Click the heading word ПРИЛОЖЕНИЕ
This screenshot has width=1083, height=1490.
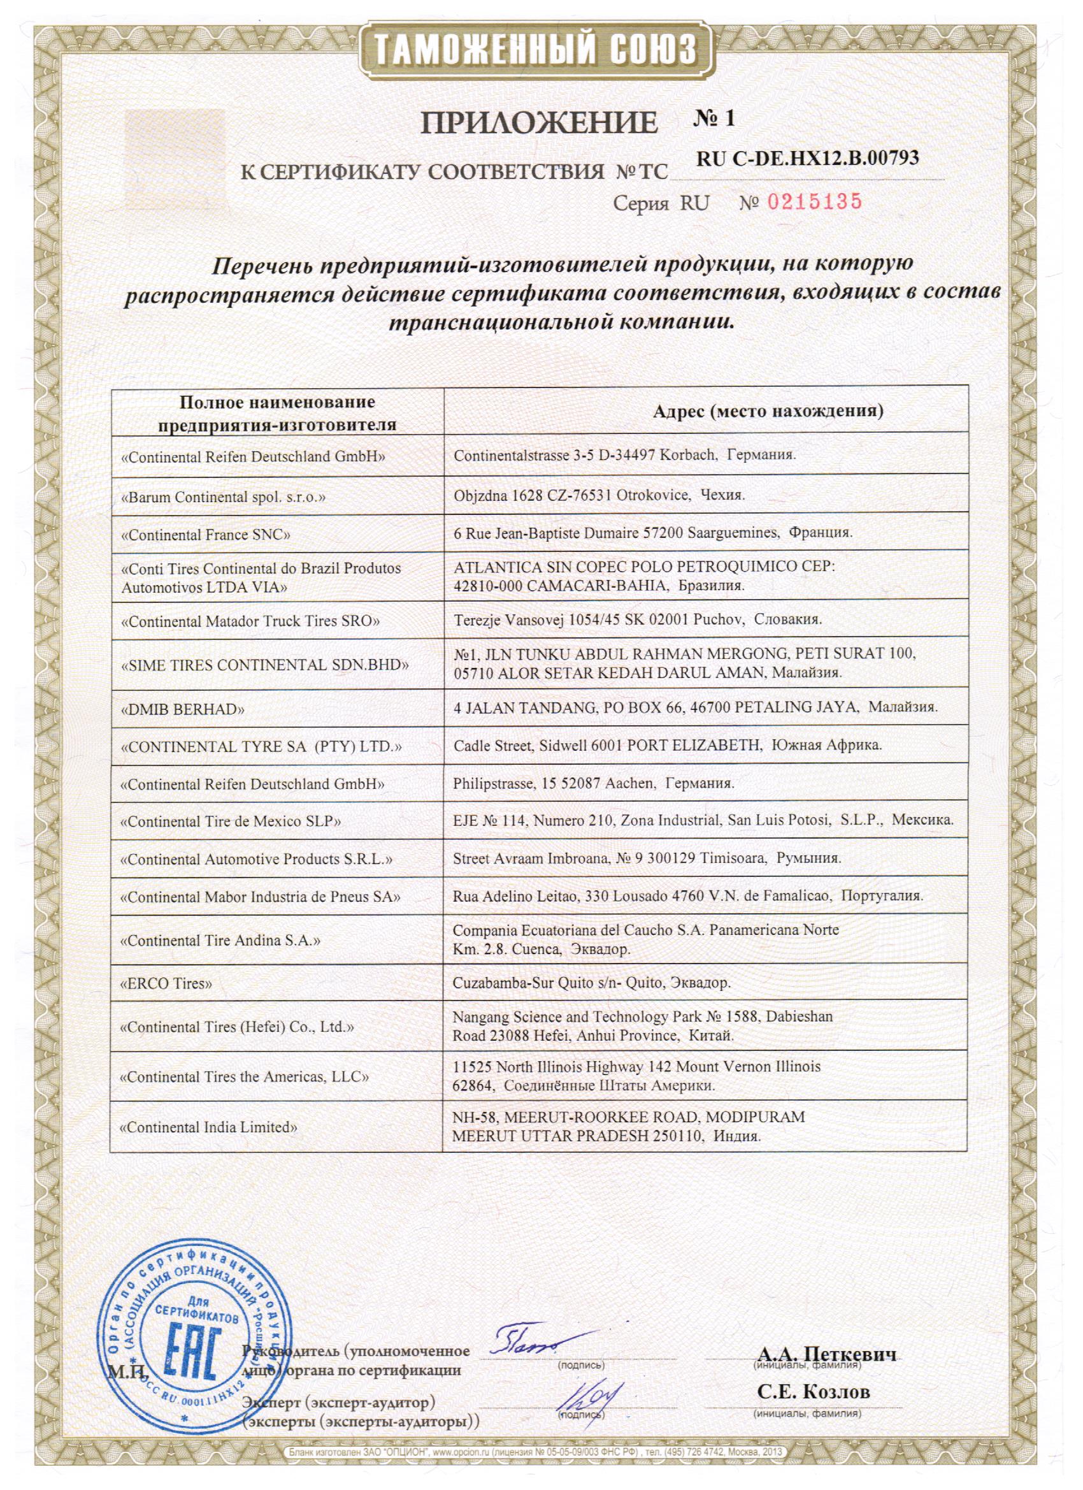pos(538,122)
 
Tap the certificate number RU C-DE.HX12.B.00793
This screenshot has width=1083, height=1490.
pos(808,158)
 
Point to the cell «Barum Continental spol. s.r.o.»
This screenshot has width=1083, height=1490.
pos(224,497)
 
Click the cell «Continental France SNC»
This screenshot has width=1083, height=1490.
pos(206,535)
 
